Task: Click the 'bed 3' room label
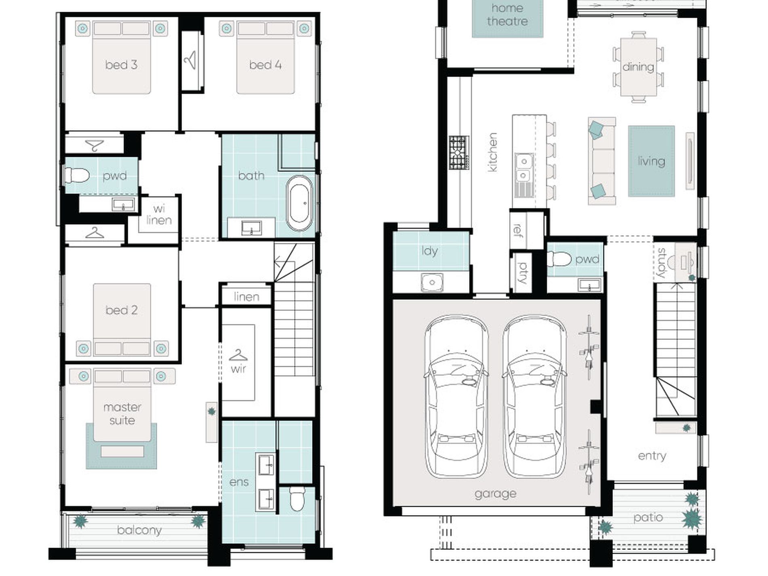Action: pos(121,65)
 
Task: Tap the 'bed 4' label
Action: pos(265,65)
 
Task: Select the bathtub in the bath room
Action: pos(299,203)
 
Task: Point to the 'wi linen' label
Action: pos(159,215)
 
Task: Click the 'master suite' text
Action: pos(122,414)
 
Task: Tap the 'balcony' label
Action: pos(139,530)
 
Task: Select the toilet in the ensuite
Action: pos(297,499)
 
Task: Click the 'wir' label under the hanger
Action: pos(238,369)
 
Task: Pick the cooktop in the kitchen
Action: pos(459,153)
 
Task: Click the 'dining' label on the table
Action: pos(638,67)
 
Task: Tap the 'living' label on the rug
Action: pos(651,161)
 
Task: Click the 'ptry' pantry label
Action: pos(523,272)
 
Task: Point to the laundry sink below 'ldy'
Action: pos(432,282)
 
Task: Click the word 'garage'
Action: pos(496,494)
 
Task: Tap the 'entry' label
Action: pos(652,456)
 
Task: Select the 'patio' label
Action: pos(648,518)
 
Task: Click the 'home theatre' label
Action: pos(507,15)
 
